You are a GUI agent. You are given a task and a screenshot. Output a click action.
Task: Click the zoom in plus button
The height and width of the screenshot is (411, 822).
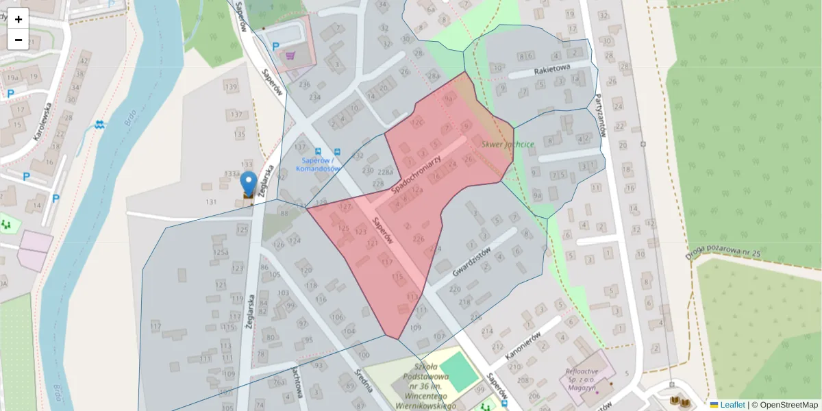[x=18, y=19]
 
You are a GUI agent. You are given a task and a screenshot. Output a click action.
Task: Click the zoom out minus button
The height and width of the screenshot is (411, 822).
[x=18, y=40]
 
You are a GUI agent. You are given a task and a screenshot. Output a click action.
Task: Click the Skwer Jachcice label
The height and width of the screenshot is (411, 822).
[x=508, y=145]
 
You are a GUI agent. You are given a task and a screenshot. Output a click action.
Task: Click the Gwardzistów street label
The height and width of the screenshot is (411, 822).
[x=473, y=261]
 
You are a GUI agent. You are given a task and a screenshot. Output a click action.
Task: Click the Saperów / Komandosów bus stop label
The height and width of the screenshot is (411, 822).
[x=318, y=164]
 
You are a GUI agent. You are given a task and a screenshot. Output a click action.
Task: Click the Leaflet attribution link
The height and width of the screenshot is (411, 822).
[x=732, y=405]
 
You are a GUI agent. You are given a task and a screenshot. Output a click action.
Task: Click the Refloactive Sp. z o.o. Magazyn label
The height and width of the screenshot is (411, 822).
[x=582, y=379]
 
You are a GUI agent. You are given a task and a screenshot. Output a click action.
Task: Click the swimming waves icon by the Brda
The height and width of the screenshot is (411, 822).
[x=101, y=125]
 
